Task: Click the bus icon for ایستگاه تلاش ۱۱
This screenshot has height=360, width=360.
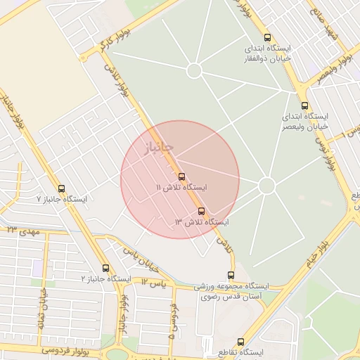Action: pos(182,176)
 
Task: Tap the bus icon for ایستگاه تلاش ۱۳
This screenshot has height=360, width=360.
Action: pos(202,210)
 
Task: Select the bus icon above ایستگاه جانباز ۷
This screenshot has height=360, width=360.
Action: pos(62,188)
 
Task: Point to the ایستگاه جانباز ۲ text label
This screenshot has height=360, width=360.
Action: pos(106,279)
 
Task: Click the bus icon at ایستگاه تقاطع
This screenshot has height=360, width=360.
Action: pos(241,341)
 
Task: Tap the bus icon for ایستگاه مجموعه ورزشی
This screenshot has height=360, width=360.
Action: pos(231,275)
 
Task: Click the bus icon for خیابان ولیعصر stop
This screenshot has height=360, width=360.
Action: pos(306,103)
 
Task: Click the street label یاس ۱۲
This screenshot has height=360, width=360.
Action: pos(153,283)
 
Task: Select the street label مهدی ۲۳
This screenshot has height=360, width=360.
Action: pos(21,231)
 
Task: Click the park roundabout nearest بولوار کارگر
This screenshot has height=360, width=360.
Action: pos(195,71)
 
